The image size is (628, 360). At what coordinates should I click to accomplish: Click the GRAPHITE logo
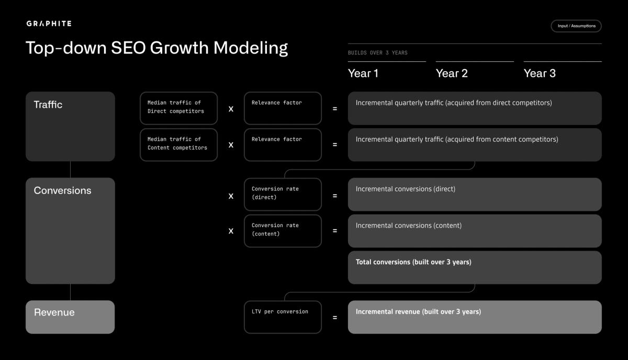(x=49, y=24)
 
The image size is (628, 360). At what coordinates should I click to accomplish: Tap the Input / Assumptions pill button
(x=576, y=26)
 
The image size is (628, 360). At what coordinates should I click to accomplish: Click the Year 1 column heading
(x=363, y=73)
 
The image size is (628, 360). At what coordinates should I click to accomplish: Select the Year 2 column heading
(x=452, y=73)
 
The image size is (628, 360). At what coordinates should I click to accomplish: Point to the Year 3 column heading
(x=540, y=73)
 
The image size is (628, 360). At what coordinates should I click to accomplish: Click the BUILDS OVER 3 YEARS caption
(x=377, y=53)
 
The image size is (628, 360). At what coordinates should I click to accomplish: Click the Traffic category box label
(x=48, y=105)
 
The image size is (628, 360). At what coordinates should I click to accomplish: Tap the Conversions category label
(x=62, y=190)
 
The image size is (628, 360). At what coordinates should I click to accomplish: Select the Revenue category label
(x=54, y=312)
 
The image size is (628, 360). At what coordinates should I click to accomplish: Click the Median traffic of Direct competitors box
(x=178, y=108)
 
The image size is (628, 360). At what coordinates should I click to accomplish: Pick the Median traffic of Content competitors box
(x=178, y=144)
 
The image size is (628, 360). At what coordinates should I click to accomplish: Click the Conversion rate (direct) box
(x=283, y=194)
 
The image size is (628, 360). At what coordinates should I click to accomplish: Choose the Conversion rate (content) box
(x=283, y=231)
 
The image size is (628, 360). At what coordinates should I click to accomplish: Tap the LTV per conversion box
(x=283, y=317)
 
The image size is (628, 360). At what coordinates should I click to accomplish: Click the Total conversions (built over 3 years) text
(x=413, y=262)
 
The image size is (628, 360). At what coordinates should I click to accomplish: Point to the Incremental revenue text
(x=418, y=311)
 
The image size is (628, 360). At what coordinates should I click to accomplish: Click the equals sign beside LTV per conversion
(x=335, y=317)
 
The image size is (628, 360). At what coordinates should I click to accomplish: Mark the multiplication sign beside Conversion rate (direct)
(x=231, y=196)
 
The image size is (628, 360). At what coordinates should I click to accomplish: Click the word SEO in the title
(x=128, y=48)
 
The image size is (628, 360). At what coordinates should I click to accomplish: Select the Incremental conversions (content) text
(x=409, y=226)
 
